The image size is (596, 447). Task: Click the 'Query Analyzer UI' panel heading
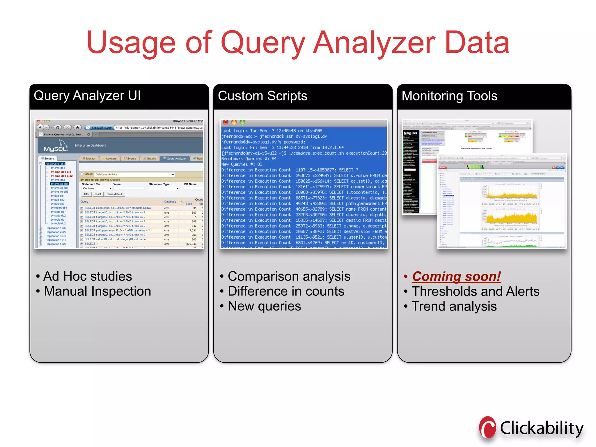pyautogui.click(x=87, y=96)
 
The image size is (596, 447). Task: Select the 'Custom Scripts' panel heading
pyautogui.click(x=262, y=96)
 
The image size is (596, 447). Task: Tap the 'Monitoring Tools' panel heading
pyautogui.click(x=449, y=96)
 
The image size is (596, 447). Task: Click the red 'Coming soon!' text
pyautogui.click(x=456, y=276)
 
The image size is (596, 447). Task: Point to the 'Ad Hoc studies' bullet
pyautogui.click(x=87, y=276)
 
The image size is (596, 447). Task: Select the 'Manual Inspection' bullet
pyautogui.click(x=97, y=291)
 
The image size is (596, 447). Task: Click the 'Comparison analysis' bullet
pyautogui.click(x=289, y=276)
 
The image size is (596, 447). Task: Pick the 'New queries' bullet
pyautogui.click(x=264, y=306)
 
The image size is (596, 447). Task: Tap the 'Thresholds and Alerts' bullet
pyautogui.click(x=476, y=292)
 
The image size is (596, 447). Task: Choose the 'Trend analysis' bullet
pyautogui.click(x=454, y=306)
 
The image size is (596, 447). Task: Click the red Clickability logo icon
pyautogui.click(x=488, y=428)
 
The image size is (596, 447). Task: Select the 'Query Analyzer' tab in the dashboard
pyautogui.click(x=175, y=159)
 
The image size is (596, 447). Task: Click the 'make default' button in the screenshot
pyautogui.click(x=114, y=194)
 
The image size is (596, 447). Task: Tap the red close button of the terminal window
pyautogui.click(x=226, y=123)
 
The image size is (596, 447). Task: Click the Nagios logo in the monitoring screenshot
pyautogui.click(x=410, y=133)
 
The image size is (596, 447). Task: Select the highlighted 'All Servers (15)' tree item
pyautogui.click(x=55, y=164)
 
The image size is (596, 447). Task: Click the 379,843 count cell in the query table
pyautogui.click(x=191, y=244)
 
